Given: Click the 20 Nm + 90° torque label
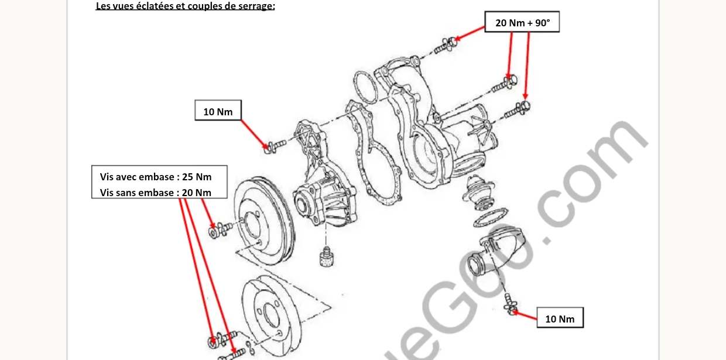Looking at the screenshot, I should [522, 23].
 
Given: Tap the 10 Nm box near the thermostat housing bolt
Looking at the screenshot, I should [560, 318].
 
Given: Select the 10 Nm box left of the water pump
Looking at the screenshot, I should [218, 111].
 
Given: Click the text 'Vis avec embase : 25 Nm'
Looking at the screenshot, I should [156, 176].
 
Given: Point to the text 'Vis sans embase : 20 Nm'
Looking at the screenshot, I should [156, 193].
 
